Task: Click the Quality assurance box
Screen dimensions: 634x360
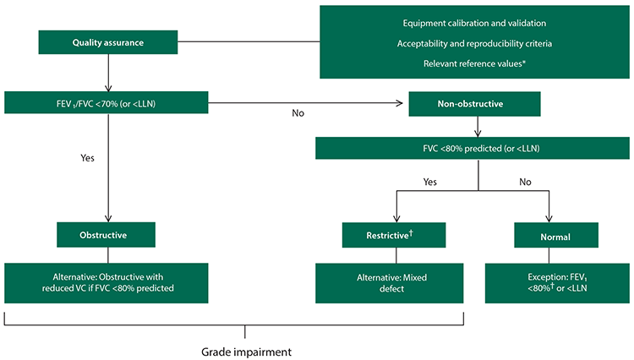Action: click(x=108, y=42)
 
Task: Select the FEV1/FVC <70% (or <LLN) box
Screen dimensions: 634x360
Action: click(x=107, y=102)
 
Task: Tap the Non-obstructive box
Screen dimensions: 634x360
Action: click(x=474, y=104)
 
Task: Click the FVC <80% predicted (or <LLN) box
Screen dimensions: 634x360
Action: click(x=473, y=148)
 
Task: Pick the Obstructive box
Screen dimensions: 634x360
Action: click(x=106, y=235)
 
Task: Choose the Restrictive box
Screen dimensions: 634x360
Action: click(x=394, y=235)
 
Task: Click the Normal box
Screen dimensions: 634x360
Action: click(x=556, y=235)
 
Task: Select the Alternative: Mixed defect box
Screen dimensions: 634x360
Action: click(x=390, y=283)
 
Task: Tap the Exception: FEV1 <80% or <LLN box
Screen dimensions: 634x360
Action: click(x=557, y=283)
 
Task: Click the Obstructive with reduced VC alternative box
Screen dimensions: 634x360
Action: click(x=107, y=283)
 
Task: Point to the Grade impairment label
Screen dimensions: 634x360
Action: click(x=246, y=352)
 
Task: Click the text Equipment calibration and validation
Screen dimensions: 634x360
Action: click(x=474, y=23)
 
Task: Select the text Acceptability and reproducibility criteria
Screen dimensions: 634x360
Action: click(x=474, y=43)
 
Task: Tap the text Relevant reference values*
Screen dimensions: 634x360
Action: click(x=474, y=63)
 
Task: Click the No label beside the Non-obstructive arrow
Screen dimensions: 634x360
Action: click(x=298, y=113)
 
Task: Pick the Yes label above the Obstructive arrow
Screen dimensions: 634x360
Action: click(x=87, y=158)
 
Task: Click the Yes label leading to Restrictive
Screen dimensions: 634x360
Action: click(x=429, y=182)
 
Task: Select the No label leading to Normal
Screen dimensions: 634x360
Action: click(x=525, y=182)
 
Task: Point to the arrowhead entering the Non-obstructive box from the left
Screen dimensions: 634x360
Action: click(x=400, y=103)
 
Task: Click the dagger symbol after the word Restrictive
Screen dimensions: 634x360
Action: click(x=411, y=232)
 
